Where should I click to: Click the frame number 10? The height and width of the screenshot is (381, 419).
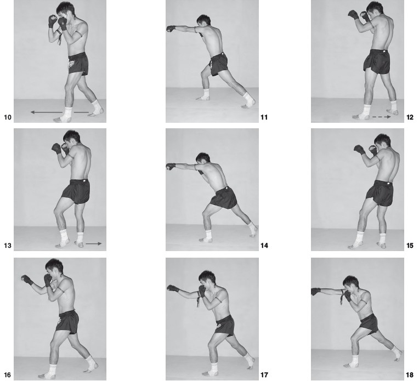coord(8,117)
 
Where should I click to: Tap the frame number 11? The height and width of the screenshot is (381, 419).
coord(264,117)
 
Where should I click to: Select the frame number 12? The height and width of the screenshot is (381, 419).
coord(410,117)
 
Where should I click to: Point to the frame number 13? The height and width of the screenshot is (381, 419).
coord(8,245)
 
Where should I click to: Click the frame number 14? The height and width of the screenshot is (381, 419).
coord(264,245)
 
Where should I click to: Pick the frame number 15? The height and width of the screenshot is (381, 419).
coord(410,245)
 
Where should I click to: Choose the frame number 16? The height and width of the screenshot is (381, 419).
coord(8,375)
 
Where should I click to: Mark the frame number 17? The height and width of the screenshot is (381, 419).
coord(264,375)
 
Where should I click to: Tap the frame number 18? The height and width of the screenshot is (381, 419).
coord(410,375)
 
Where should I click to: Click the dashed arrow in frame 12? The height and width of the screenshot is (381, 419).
coord(382,117)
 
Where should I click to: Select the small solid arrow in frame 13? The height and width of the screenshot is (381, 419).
coord(94,243)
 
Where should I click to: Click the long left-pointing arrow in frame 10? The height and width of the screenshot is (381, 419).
coord(59,112)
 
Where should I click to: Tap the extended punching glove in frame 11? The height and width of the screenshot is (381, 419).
coord(171,29)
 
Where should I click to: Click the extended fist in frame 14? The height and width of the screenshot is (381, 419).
coord(171,166)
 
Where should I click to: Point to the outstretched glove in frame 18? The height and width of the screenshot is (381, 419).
coord(316,291)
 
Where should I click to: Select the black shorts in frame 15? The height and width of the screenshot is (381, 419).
coord(380,193)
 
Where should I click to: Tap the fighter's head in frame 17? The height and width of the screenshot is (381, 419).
coord(207,279)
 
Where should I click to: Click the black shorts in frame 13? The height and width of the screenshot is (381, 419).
coord(76,191)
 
